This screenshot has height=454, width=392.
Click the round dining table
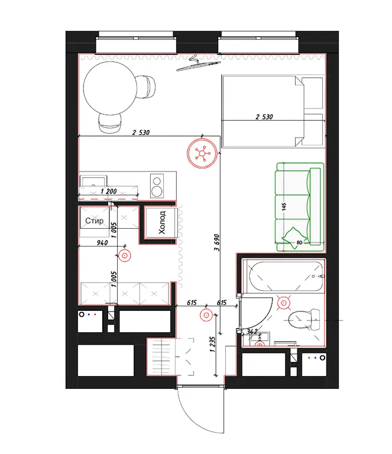click(110, 88)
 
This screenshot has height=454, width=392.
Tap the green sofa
click(300, 207)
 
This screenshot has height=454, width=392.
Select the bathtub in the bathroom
click(286, 277)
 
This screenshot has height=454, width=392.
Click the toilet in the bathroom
click(304, 320)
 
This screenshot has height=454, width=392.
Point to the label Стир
click(95, 220)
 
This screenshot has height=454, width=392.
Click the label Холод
click(162, 222)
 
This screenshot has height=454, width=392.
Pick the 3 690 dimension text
click(217, 242)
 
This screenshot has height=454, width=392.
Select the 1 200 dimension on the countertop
click(109, 191)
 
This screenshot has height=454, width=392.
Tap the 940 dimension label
click(102, 242)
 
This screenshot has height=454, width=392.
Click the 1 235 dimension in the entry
click(212, 344)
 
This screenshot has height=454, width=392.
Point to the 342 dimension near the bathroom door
click(252, 331)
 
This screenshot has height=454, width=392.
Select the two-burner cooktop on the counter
click(157, 186)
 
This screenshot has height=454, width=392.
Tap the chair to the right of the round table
click(145, 87)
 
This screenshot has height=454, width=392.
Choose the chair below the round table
click(110, 123)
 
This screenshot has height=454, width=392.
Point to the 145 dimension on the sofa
click(284, 206)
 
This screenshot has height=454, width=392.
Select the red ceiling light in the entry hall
click(206, 315)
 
